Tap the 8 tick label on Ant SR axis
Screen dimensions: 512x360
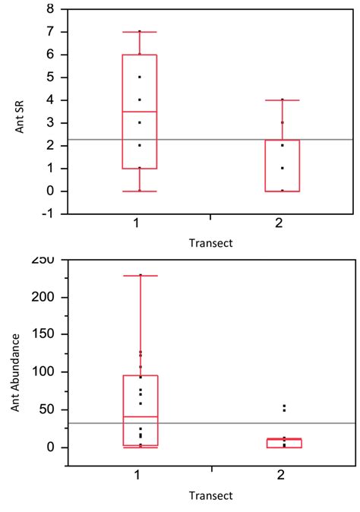[51, 9]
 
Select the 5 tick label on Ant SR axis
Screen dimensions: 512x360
[51, 77]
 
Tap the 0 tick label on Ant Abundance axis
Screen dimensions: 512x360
[51, 447]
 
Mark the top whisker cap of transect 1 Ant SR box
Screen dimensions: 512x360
[139, 32]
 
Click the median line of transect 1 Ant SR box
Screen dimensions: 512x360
[139, 112]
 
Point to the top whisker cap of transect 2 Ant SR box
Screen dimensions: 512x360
[282, 100]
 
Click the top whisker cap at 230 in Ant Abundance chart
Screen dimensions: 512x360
[139, 276]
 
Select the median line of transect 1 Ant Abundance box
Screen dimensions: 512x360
[139, 417]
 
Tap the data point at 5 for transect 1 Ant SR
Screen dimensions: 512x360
[139, 77]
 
